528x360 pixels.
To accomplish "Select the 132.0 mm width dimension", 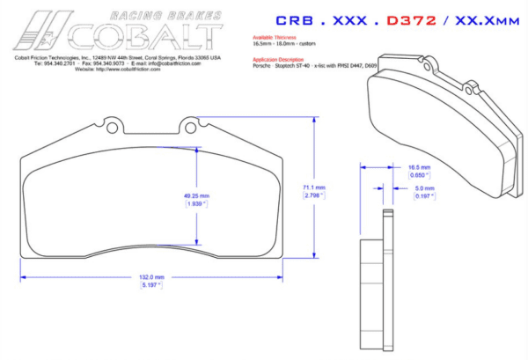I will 152,276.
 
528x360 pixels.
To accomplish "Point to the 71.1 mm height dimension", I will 314,187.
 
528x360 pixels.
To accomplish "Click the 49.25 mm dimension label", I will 196,195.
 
